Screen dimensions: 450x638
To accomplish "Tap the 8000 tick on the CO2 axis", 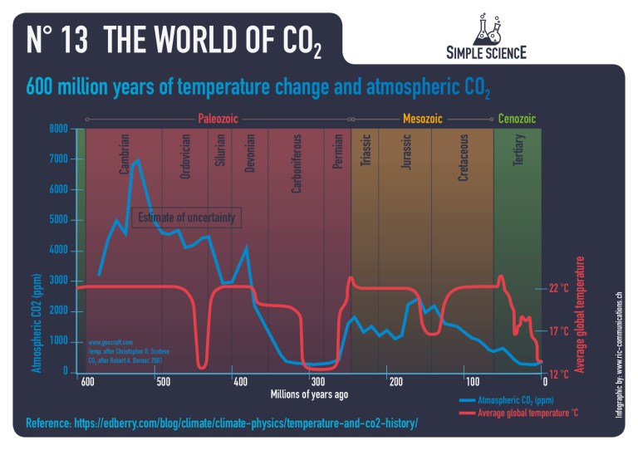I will click(58, 130).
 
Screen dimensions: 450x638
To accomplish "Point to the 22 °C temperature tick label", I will click(558, 288).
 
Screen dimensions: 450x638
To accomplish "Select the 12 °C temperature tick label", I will click(558, 374).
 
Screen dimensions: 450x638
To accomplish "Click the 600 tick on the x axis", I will click(86, 382).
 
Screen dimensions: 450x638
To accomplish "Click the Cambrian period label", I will click(124, 154).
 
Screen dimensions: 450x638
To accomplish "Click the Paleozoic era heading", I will click(218, 119).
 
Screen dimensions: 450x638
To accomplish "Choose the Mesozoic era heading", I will click(422, 119).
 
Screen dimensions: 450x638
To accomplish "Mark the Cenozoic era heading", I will click(517, 119).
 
